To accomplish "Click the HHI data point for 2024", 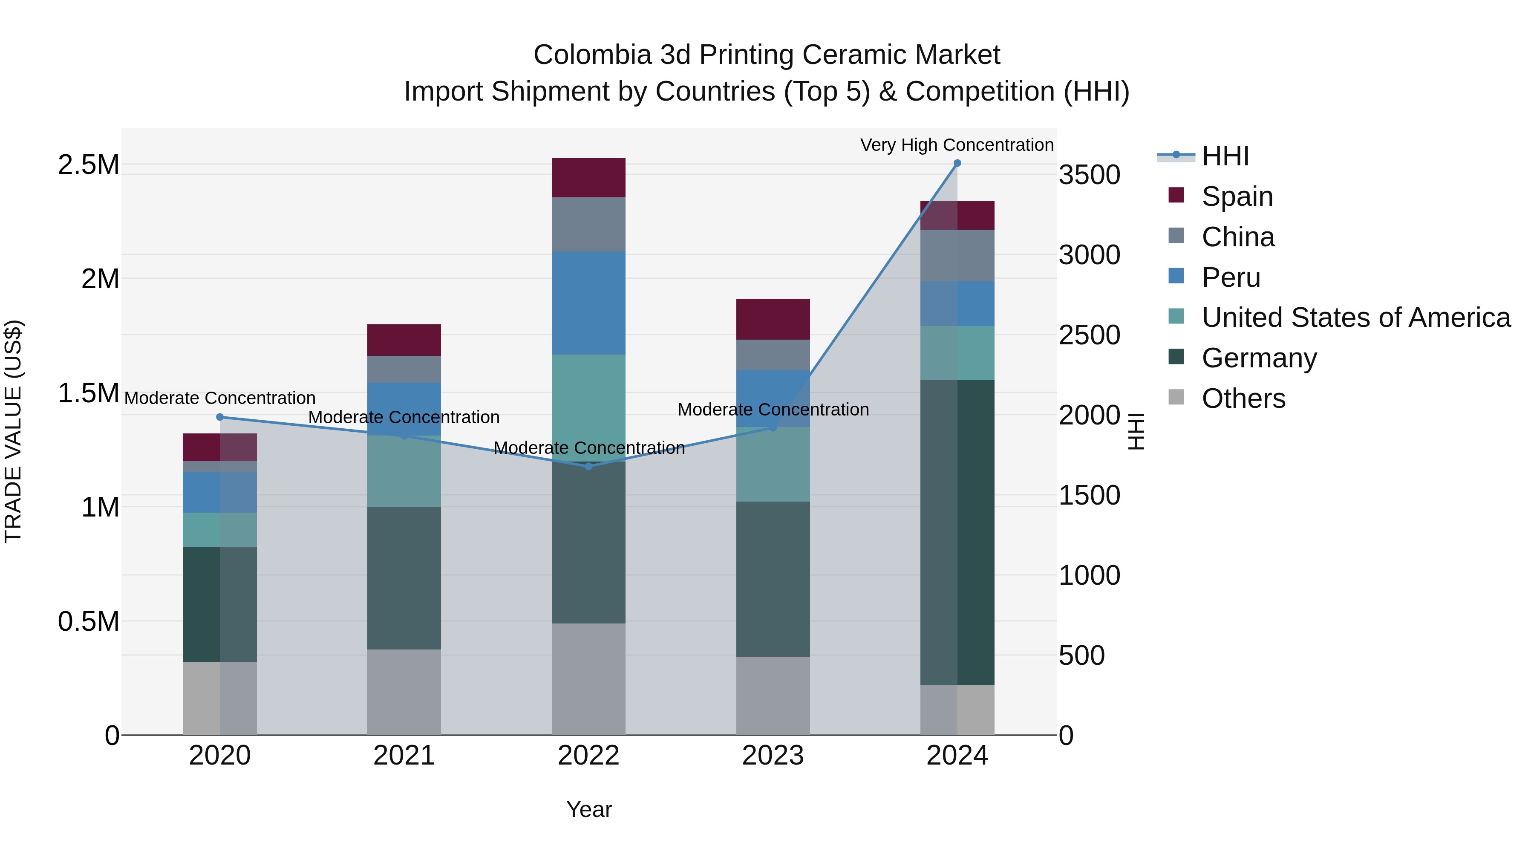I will [x=957, y=163].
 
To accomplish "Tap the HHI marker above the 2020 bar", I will [x=220, y=417].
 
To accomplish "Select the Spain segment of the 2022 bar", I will [x=588, y=177].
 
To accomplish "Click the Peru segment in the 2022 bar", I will [x=588, y=303].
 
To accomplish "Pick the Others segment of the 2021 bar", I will [x=404, y=692].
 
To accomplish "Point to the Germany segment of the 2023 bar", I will [x=773, y=579].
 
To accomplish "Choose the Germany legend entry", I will [x=1259, y=358].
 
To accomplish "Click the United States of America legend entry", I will [x=1355, y=317].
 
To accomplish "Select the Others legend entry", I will [x=1243, y=398].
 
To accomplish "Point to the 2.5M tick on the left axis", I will [x=89, y=165].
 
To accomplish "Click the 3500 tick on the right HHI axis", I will [x=1089, y=175].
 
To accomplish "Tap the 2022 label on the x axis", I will [x=588, y=756].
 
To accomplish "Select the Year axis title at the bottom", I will [x=588, y=809].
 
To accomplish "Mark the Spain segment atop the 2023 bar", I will [x=773, y=319].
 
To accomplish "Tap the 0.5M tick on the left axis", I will [x=89, y=621].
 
